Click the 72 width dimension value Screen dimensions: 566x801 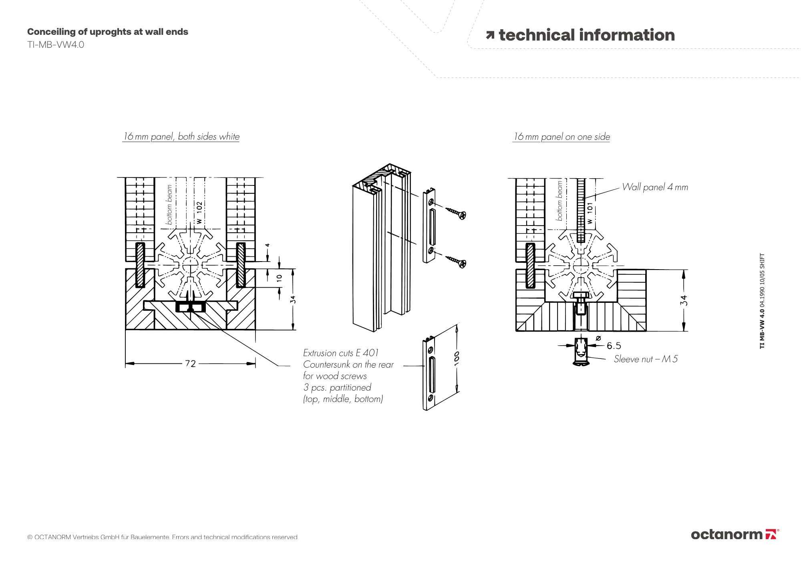click(x=190, y=364)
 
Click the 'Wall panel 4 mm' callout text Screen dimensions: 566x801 click(x=655, y=187)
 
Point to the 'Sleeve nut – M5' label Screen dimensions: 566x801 click(x=646, y=359)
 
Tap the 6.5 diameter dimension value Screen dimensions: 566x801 click(x=614, y=346)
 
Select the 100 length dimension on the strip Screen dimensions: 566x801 click(x=457, y=358)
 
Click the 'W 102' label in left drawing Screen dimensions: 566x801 click(x=199, y=213)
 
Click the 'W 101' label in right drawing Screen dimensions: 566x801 click(x=590, y=213)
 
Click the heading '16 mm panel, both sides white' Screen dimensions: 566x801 click(x=181, y=137)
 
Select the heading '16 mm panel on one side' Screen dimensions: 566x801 click(x=562, y=137)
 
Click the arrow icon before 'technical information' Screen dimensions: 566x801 click(x=490, y=36)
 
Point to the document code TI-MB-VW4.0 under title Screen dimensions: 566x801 click(x=56, y=44)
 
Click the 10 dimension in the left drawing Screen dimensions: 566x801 click(x=280, y=278)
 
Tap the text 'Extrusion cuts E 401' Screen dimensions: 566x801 click(x=341, y=353)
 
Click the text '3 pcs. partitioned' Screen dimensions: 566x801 click(x=337, y=387)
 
